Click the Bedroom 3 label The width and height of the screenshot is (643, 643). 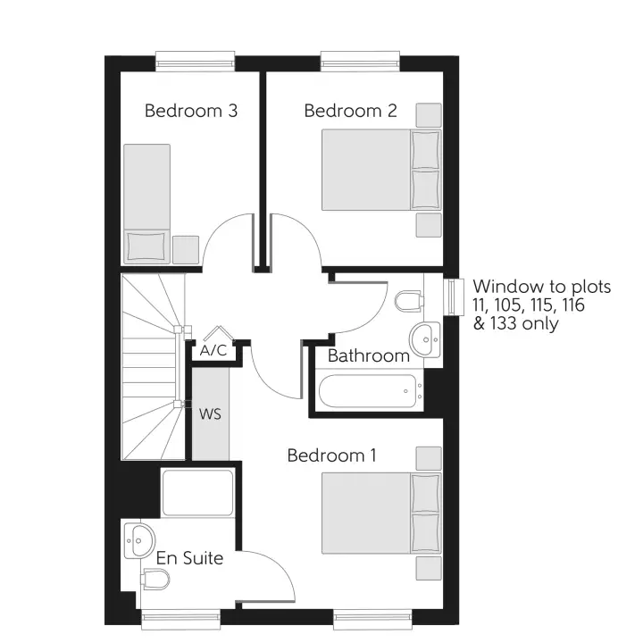pyautogui.click(x=190, y=112)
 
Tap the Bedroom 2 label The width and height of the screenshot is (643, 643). pyautogui.click(x=350, y=112)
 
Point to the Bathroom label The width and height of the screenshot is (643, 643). pyautogui.click(x=368, y=355)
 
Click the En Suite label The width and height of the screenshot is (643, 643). pyautogui.click(x=189, y=559)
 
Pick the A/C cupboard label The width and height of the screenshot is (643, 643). pyautogui.click(x=213, y=352)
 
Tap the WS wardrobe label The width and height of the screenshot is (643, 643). pyautogui.click(x=210, y=415)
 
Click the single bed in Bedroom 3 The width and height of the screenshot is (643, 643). pyautogui.click(x=146, y=202)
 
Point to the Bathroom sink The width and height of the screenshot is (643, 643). pyautogui.click(x=425, y=338)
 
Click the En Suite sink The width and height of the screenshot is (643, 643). pyautogui.click(x=139, y=539)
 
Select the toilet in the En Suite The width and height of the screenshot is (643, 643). pyautogui.click(x=154, y=581)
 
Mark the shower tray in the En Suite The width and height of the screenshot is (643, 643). pyautogui.click(x=197, y=493)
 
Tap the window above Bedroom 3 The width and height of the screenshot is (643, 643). pyautogui.click(x=195, y=61)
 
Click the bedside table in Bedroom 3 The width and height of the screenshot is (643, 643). pyautogui.click(x=186, y=249)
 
